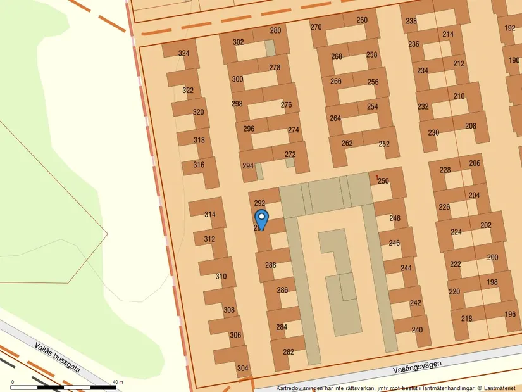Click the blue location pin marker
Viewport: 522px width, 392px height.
(x=261, y=218)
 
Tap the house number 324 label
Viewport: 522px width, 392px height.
(x=183, y=53)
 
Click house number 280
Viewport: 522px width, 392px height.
(x=275, y=30)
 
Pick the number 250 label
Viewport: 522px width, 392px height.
(x=383, y=180)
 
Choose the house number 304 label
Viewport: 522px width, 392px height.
(x=242, y=368)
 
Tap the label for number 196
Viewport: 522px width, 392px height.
(x=510, y=314)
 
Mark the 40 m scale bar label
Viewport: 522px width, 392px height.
(x=117, y=382)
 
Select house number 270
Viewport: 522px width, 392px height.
(x=316, y=27)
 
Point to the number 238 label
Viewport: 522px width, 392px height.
(x=411, y=21)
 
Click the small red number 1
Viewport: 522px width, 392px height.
(x=377, y=177)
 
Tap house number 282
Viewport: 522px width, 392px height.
(x=289, y=351)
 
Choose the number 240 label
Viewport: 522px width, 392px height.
(x=417, y=330)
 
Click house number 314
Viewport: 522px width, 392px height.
(x=210, y=215)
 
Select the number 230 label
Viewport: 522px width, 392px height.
(x=433, y=132)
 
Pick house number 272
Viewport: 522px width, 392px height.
(x=290, y=155)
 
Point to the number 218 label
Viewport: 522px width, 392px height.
(x=466, y=319)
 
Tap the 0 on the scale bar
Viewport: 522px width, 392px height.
(x=13, y=382)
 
